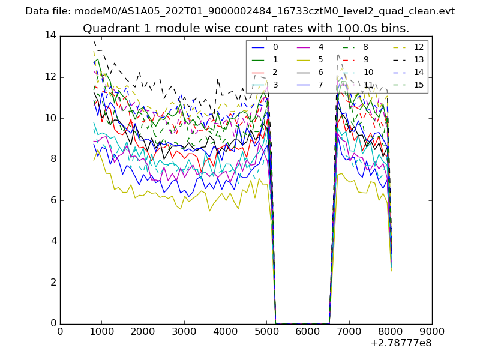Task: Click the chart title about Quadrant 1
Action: click(x=246, y=29)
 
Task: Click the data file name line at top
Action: click(x=240, y=11)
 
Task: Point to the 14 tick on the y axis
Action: click(x=50, y=36)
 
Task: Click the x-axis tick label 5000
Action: click(x=266, y=331)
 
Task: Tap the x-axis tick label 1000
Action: click(x=101, y=331)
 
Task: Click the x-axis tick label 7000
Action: click(x=349, y=331)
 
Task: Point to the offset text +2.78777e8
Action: click(x=401, y=344)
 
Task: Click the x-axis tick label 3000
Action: click(x=184, y=331)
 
